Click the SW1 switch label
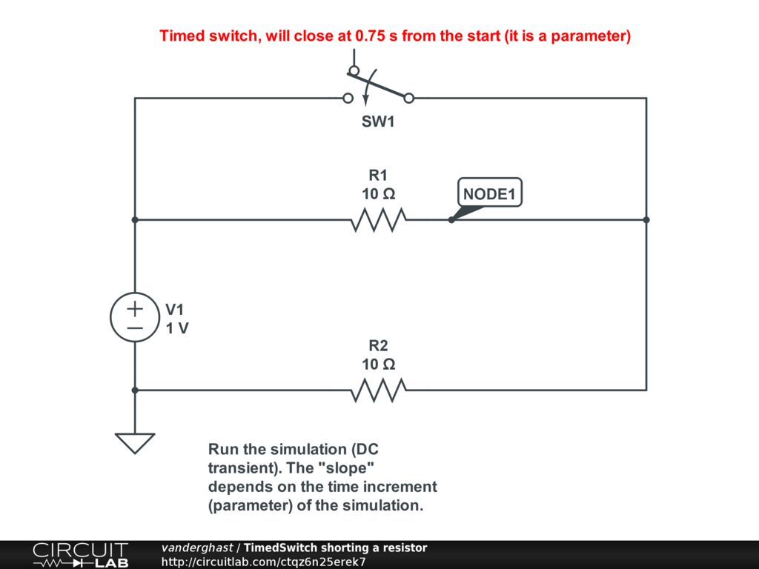[378, 122]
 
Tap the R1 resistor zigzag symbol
[378, 220]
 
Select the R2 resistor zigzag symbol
[378, 390]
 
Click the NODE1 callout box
[489, 195]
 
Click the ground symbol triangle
[135, 442]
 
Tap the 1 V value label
[177, 328]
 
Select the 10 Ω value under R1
[378, 194]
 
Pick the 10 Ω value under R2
[378, 365]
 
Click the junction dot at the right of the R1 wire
[646, 220]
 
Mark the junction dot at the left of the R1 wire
[135, 220]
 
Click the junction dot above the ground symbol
[135, 390]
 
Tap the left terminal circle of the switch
[347, 98]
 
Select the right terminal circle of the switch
[408, 98]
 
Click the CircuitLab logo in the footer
[80, 554]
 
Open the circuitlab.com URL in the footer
[264, 562]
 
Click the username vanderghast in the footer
[196, 548]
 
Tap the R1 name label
[378, 176]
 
